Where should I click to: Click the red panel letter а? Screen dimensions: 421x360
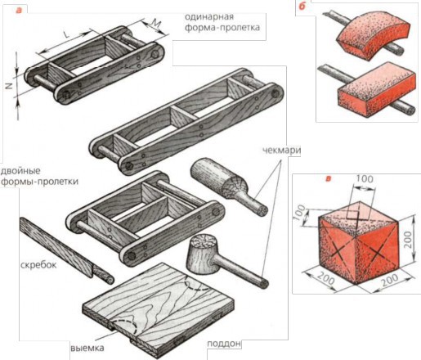[x=18, y=10]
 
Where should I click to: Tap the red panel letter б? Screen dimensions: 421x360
[x=302, y=6]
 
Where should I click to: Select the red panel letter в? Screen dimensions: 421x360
[x=329, y=179]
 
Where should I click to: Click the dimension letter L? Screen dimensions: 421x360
[x=66, y=34]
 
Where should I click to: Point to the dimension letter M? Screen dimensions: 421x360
[x=155, y=24]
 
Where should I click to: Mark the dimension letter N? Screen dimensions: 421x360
[x=9, y=86]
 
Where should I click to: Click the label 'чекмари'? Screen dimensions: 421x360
[x=281, y=151]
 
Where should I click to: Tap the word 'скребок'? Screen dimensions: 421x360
[x=38, y=265]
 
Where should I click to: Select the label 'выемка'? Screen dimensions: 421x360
[x=87, y=349]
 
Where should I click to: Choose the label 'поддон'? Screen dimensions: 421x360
[x=224, y=344]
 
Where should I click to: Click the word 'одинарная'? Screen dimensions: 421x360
[x=209, y=16]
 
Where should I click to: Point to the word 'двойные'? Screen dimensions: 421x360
[x=20, y=172]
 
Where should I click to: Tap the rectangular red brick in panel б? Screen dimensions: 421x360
[x=377, y=90]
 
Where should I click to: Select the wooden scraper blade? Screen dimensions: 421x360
[x=56, y=246]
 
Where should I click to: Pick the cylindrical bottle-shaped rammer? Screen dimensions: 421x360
[x=228, y=186]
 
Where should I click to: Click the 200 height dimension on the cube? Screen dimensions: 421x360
[x=407, y=240]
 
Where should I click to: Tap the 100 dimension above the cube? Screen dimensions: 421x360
[x=365, y=179]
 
